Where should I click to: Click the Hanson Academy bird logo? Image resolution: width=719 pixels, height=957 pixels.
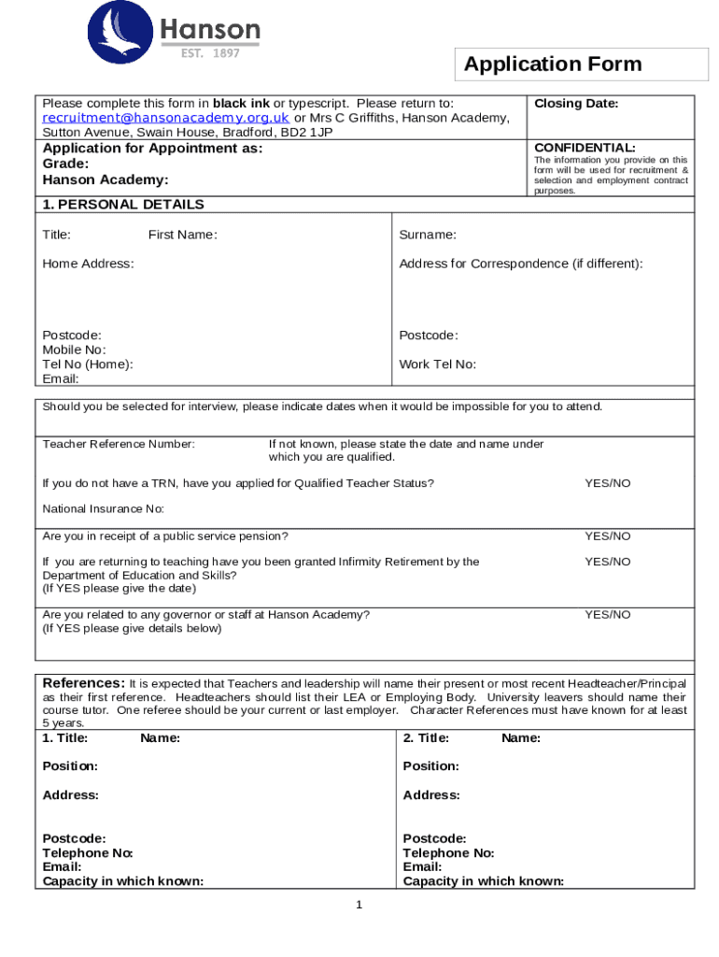click(119, 33)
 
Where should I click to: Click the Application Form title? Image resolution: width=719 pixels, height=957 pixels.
click(553, 64)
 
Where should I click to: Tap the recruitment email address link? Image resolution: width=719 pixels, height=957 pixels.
click(166, 118)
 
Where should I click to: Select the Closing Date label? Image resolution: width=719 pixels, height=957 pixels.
click(576, 104)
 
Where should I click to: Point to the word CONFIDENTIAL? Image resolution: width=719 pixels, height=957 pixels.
click(585, 148)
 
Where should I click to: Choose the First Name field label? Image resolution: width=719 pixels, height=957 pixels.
click(182, 235)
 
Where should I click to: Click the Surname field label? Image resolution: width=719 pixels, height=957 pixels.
click(428, 235)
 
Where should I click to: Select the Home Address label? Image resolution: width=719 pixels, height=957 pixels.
click(88, 264)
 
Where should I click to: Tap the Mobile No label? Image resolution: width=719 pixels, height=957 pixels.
click(74, 350)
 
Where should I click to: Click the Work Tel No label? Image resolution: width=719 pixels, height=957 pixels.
click(437, 364)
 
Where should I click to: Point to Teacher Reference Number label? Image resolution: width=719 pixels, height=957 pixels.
click(119, 444)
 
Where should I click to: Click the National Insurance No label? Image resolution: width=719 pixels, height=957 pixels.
click(103, 508)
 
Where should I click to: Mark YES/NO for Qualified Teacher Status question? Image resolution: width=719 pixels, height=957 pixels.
click(607, 483)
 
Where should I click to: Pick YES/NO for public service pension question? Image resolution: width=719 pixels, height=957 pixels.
click(607, 536)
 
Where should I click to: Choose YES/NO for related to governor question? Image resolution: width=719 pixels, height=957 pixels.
click(607, 615)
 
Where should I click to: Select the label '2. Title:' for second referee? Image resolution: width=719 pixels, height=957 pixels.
click(426, 738)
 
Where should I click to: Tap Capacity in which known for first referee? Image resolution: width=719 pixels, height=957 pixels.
click(123, 880)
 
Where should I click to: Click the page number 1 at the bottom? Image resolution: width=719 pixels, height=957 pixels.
click(358, 905)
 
